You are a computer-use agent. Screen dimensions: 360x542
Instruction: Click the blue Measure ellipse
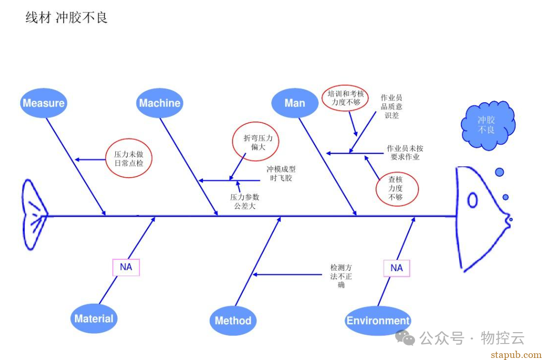click(x=44, y=103)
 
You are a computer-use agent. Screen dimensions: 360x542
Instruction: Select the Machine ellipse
click(x=160, y=103)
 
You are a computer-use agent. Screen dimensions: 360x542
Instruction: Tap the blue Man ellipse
click(x=295, y=103)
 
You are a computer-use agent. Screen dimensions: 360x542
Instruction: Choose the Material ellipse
click(x=94, y=318)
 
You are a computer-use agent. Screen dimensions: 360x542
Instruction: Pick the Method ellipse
click(x=233, y=320)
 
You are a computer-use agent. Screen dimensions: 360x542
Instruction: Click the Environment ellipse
click(x=378, y=320)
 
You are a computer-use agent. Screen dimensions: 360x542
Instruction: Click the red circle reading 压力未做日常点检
click(x=129, y=159)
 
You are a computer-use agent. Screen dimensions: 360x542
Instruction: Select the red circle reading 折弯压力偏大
click(x=254, y=142)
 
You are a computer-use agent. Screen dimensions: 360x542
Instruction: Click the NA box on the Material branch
click(x=126, y=267)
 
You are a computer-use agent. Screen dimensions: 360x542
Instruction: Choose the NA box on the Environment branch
click(x=396, y=268)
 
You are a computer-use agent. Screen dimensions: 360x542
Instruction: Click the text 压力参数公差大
click(x=245, y=201)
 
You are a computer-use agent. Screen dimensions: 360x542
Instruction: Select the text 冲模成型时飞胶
click(x=281, y=174)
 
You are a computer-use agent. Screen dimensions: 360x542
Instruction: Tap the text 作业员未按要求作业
click(x=405, y=152)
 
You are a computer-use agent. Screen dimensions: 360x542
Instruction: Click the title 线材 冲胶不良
click(x=67, y=18)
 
